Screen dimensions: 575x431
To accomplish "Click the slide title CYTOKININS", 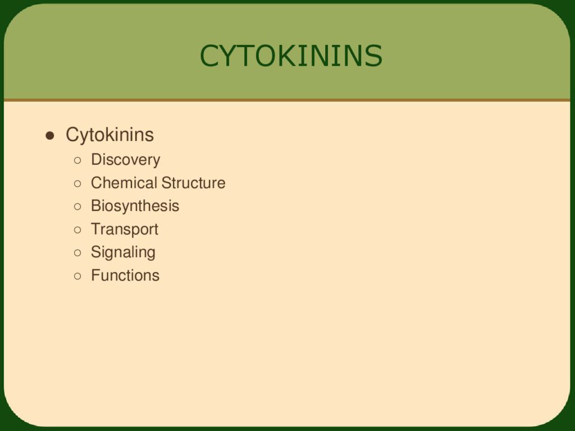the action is [x=291, y=56].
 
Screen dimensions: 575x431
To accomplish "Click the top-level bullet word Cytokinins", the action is [x=109, y=135].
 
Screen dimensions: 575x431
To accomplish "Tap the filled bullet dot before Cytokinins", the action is [x=50, y=136].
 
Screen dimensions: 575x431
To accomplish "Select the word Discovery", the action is [x=125, y=160].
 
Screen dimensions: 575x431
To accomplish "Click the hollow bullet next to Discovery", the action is [x=77, y=160].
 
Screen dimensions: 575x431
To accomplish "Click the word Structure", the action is [x=194, y=183].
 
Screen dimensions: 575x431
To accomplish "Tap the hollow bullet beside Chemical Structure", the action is [x=77, y=184].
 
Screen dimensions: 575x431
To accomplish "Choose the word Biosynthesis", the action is [x=135, y=206].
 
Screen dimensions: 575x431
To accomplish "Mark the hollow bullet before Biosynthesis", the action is [x=77, y=207].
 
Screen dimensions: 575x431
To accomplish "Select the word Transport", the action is [x=125, y=230].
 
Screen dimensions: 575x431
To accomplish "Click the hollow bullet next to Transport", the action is [x=77, y=230].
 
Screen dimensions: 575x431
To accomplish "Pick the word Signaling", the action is [x=123, y=253].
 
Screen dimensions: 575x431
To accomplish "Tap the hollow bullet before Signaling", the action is [x=77, y=253].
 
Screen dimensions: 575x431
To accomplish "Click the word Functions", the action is [x=125, y=275].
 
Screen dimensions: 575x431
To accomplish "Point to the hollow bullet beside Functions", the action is [x=77, y=276].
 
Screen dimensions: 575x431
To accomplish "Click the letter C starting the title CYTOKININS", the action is [x=210, y=56].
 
